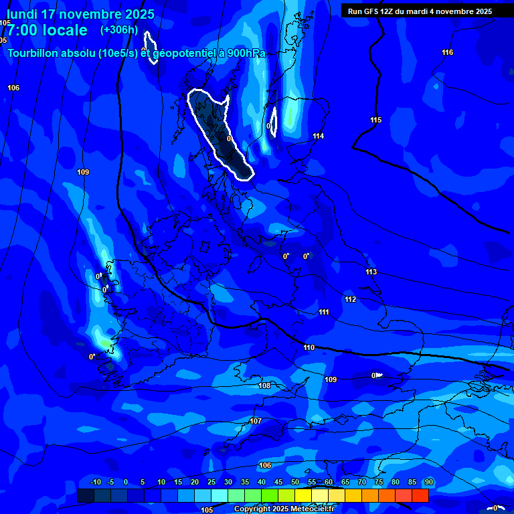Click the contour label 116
(x=448, y=53)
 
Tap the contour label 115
(x=376, y=120)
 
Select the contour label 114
(x=319, y=137)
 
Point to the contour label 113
(x=371, y=272)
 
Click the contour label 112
(x=350, y=299)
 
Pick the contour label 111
(x=324, y=313)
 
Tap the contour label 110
(x=309, y=347)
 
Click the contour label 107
(x=255, y=421)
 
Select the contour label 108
(x=264, y=385)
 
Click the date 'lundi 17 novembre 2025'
(x=80, y=14)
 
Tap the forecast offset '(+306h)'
(x=118, y=30)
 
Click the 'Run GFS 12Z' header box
(x=420, y=11)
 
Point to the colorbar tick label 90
(x=429, y=483)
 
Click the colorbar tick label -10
(x=95, y=483)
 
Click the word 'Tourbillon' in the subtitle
(x=34, y=53)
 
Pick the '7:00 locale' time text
(x=48, y=30)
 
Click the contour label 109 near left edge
(x=83, y=173)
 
